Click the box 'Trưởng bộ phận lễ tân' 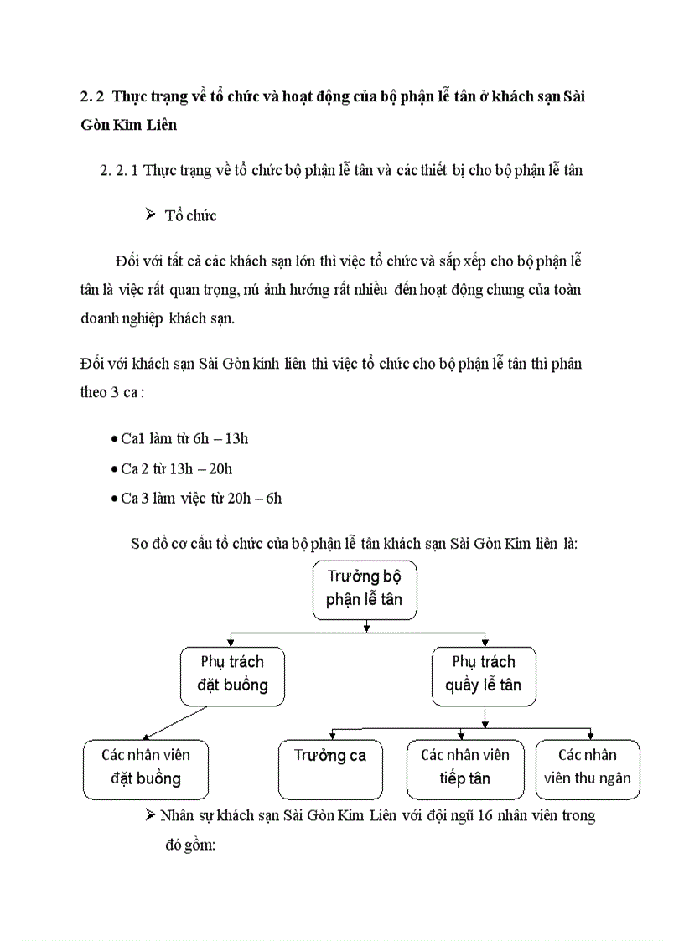coord(364,589)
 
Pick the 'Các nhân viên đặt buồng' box coord(145,768)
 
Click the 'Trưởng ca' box coord(329,768)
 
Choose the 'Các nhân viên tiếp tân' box coord(464,768)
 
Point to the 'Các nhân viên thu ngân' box coord(587,768)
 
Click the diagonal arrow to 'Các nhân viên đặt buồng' coord(174,721)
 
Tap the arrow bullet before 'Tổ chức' coord(151,215)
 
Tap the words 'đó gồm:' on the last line coord(188,845)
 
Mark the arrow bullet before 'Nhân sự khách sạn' coord(151,814)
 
